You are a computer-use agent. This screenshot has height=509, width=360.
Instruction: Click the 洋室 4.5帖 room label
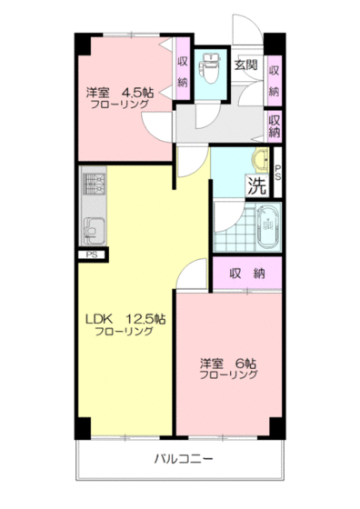[120, 93]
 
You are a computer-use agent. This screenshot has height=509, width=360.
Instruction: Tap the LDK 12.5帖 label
[125, 319]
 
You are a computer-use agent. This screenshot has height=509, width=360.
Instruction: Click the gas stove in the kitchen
[94, 185]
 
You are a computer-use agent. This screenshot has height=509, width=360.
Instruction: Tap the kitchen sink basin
[93, 226]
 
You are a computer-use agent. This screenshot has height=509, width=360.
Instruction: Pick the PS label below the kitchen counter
[91, 255]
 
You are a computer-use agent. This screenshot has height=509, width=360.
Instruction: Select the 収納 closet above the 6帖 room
[247, 273]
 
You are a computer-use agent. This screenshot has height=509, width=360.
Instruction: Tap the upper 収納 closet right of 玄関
[275, 79]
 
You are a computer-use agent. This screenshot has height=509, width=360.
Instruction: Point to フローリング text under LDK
[125, 332]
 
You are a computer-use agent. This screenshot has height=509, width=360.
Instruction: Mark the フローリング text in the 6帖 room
[229, 374]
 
